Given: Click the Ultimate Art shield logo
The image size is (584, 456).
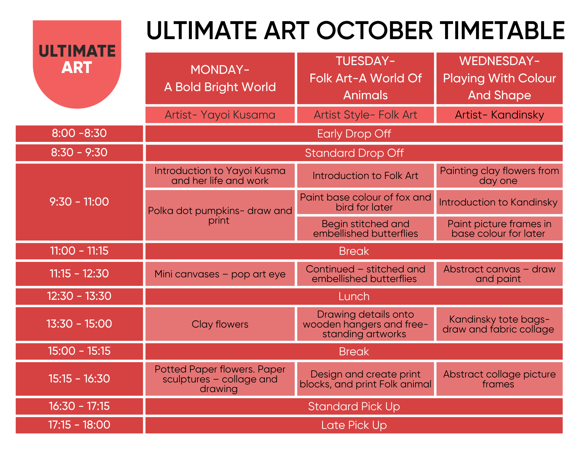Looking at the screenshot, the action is pyautogui.click(x=77, y=64).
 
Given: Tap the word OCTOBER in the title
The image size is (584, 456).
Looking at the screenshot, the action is pyautogui.click(x=375, y=31).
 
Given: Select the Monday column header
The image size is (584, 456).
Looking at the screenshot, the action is pyautogui.click(x=220, y=78).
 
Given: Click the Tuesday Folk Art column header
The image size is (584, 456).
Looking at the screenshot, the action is pyautogui.click(x=365, y=78).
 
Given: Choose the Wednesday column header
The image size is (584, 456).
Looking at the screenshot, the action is pyautogui.click(x=499, y=78).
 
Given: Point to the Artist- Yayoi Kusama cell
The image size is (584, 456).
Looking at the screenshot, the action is pyautogui.click(x=220, y=115).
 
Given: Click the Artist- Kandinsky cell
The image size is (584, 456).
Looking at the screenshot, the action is pyautogui.click(x=499, y=115).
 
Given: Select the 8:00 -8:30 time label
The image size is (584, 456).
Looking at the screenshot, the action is pyautogui.click(x=79, y=133).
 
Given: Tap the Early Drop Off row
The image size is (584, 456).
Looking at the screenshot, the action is pyautogui.click(x=354, y=134).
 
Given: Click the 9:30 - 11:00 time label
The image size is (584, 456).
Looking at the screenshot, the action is pyautogui.click(x=79, y=202).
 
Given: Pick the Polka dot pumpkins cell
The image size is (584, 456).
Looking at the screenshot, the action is pyautogui.click(x=220, y=215).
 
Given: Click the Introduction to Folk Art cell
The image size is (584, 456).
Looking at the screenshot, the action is pyautogui.click(x=365, y=175).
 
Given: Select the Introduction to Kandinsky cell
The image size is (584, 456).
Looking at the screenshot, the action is pyautogui.click(x=499, y=202).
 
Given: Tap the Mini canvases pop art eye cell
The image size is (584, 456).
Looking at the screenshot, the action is pyautogui.click(x=220, y=274).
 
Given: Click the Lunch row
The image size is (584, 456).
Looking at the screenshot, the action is pyautogui.click(x=354, y=296).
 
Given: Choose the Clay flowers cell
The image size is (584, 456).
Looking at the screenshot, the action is pyautogui.click(x=220, y=324).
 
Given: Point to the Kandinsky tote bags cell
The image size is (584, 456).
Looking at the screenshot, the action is pyautogui.click(x=499, y=324).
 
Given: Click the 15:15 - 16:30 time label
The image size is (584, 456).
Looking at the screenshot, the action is pyautogui.click(x=79, y=379).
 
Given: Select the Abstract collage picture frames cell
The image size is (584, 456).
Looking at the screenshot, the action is pyautogui.click(x=499, y=379).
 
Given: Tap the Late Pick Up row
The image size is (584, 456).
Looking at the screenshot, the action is pyautogui.click(x=354, y=425).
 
